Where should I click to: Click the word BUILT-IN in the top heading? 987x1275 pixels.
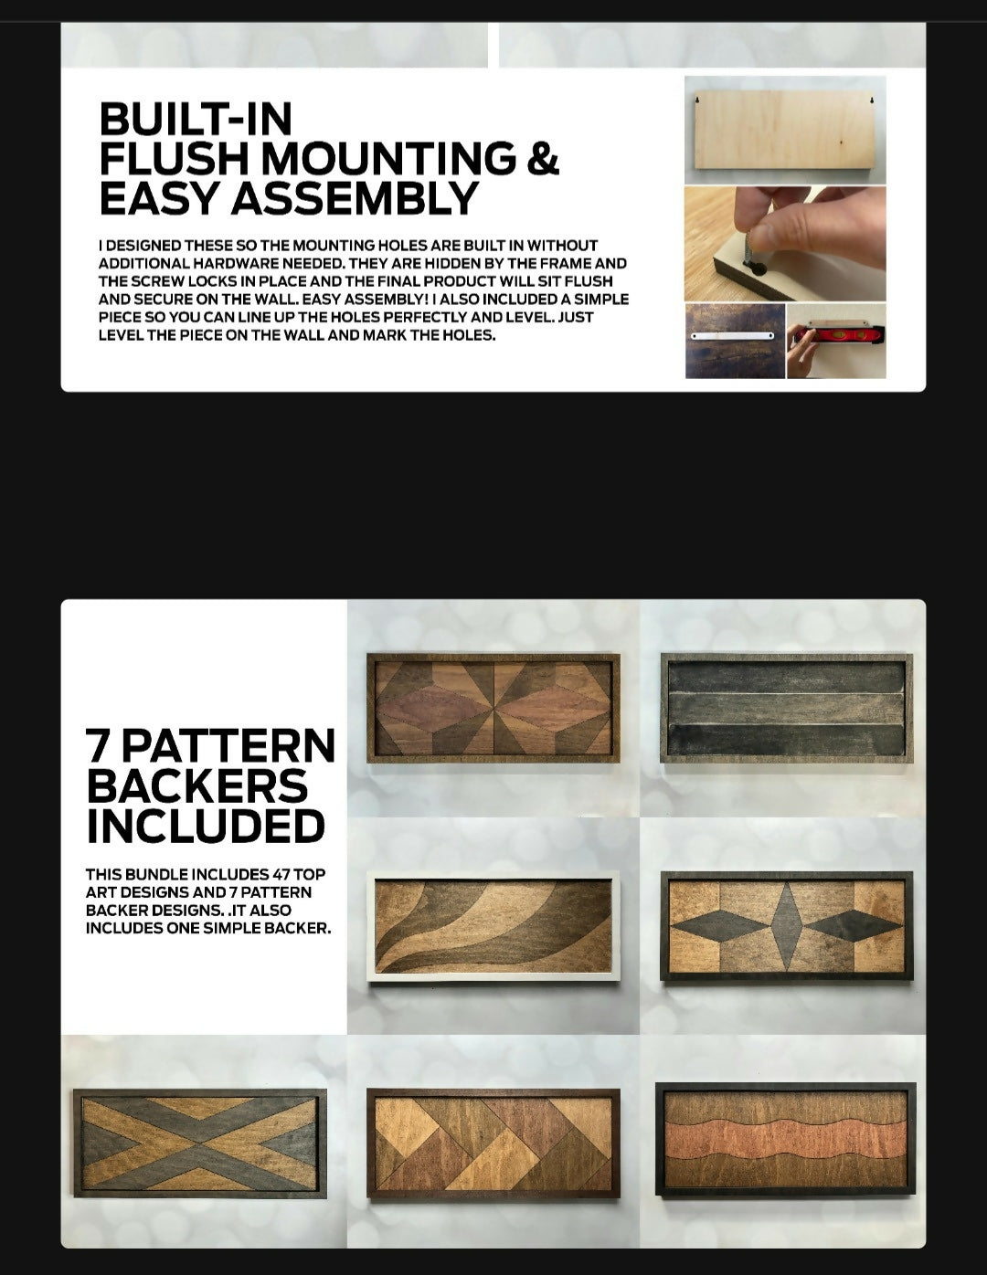(196, 119)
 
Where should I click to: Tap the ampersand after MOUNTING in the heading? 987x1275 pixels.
(543, 158)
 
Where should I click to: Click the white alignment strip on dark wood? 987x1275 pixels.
(733, 336)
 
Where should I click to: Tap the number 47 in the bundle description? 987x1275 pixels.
(281, 874)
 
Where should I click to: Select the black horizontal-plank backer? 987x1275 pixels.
(786, 708)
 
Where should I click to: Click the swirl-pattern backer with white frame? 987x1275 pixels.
(493, 926)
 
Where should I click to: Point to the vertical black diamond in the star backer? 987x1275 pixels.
(786, 926)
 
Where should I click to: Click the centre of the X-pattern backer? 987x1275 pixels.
(199, 1143)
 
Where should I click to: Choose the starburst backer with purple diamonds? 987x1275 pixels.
(493, 708)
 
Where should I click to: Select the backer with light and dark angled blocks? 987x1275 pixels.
(493, 1143)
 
